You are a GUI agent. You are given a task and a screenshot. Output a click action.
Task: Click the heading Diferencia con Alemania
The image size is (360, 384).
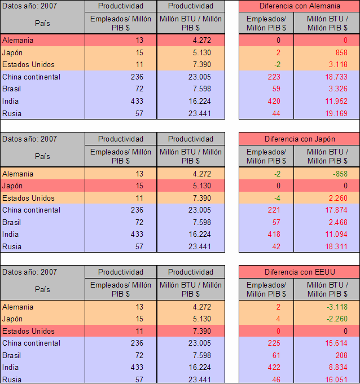pyautogui.click(x=300, y=6)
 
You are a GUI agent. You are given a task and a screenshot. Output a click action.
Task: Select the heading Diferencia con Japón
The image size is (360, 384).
pyautogui.click(x=300, y=139)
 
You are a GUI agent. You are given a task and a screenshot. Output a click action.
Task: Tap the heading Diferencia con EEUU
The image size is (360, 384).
pyautogui.click(x=300, y=272)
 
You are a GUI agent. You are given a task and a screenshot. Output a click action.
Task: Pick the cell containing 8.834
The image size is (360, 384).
pyautogui.click(x=338, y=368)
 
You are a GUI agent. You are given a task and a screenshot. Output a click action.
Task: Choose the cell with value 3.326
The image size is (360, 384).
pyautogui.click(x=338, y=89)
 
